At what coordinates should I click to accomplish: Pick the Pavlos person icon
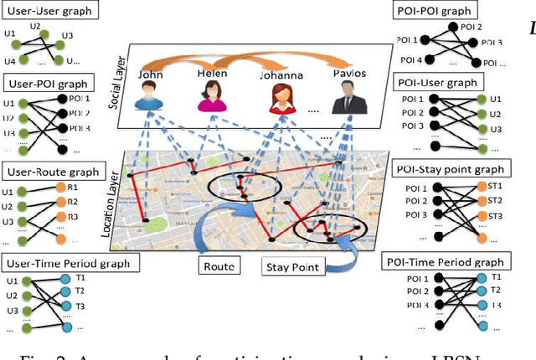[x=344, y=99]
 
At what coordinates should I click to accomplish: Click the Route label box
[x=219, y=267]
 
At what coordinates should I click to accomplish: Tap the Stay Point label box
[x=292, y=267]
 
